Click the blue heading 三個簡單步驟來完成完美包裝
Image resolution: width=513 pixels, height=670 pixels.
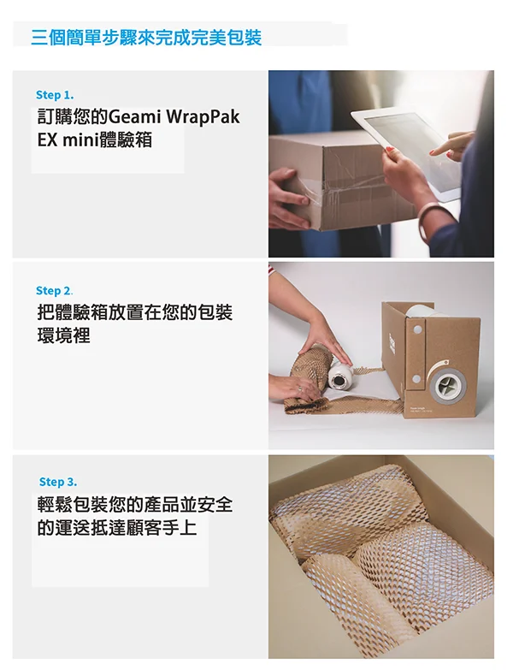[146, 38]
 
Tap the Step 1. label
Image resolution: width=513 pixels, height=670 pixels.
[55, 95]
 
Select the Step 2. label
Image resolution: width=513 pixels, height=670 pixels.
[54, 291]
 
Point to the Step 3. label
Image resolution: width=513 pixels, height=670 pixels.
[58, 482]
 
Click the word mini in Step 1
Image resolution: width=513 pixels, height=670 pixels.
[80, 140]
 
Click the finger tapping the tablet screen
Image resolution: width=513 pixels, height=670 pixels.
[444, 148]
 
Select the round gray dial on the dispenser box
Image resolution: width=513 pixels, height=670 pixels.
[447, 386]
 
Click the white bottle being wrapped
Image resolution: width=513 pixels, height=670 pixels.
[339, 376]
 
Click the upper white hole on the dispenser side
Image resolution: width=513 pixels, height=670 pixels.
[417, 329]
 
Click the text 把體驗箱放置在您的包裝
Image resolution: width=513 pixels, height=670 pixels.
[135, 312]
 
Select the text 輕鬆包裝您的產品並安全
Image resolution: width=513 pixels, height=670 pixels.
[135, 504]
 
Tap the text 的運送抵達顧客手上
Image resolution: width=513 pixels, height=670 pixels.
[117, 527]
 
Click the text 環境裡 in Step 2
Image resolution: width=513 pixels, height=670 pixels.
[63, 335]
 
